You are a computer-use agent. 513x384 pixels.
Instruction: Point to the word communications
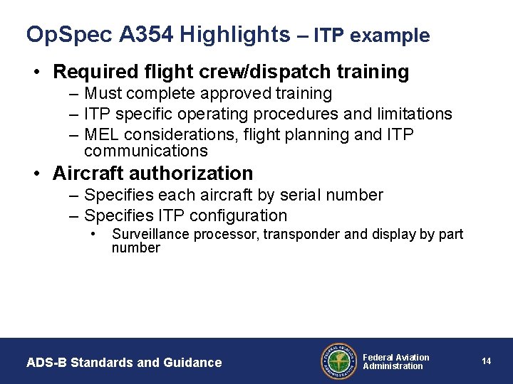tap(145, 151)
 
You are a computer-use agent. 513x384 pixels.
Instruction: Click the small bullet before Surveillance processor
tap(93, 234)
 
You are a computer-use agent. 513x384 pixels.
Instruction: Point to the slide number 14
tap(486, 361)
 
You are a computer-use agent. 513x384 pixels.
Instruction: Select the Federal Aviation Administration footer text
tap(396, 361)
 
